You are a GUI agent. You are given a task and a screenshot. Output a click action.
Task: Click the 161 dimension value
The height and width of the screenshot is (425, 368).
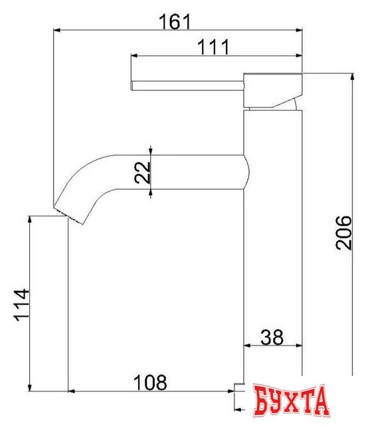coord(175,22)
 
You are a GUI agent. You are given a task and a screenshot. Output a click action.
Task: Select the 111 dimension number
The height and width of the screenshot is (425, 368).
coord(213,47)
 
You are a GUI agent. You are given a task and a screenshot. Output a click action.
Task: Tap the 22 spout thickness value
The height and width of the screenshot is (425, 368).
coord(142,173)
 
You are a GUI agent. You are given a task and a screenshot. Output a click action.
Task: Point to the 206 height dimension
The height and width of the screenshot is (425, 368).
coord(343,232)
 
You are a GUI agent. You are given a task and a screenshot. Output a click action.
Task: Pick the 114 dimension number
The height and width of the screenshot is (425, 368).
coord(21,305)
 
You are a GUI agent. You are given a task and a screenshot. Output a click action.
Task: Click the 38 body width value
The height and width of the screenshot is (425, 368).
coord(272,337)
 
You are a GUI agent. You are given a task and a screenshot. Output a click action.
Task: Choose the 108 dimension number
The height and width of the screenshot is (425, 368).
coord(150,382)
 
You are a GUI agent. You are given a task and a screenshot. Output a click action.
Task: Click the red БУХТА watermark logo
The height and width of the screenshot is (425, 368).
coord(291,400)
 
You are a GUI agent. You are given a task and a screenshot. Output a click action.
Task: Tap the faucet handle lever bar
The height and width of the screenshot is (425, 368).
coord(187,86)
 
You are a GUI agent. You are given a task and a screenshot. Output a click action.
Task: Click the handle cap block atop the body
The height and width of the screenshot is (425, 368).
coord(272,90)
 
